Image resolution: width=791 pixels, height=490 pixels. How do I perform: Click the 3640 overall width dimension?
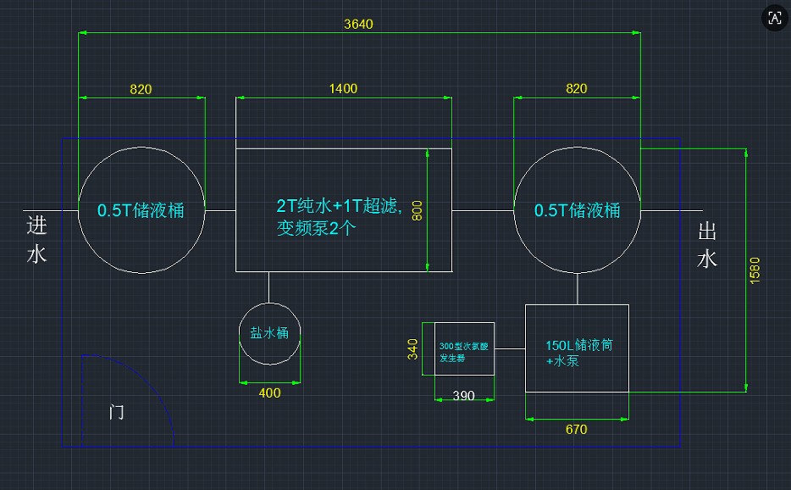pos(358,24)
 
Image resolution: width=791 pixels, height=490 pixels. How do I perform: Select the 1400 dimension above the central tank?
pos(343,88)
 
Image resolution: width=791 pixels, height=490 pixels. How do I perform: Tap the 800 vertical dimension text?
pos(417,210)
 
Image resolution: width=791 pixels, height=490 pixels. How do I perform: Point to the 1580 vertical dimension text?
pos(755,270)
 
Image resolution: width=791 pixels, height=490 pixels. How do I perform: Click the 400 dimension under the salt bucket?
pos(269,393)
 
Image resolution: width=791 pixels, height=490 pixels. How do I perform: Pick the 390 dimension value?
pos(463,396)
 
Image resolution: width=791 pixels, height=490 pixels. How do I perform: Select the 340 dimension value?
pos(413,349)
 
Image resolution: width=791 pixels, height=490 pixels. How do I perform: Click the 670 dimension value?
pos(576,429)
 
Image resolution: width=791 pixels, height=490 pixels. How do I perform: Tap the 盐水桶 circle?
pos(269,334)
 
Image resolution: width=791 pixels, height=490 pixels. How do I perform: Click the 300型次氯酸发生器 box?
pos(464,348)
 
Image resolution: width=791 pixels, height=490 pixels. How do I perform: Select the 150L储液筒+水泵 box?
pos(577,348)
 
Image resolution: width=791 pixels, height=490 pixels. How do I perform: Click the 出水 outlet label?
pos(707,244)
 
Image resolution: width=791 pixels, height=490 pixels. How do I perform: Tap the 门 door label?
pos(117,413)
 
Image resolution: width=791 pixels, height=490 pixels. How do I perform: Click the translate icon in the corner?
pos(774,18)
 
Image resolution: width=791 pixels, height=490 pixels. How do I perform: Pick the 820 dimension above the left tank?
pos(141,88)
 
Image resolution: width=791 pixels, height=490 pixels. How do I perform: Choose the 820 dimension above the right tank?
pos(576,88)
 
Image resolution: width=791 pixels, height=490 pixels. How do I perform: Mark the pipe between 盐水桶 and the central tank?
pos(268,287)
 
